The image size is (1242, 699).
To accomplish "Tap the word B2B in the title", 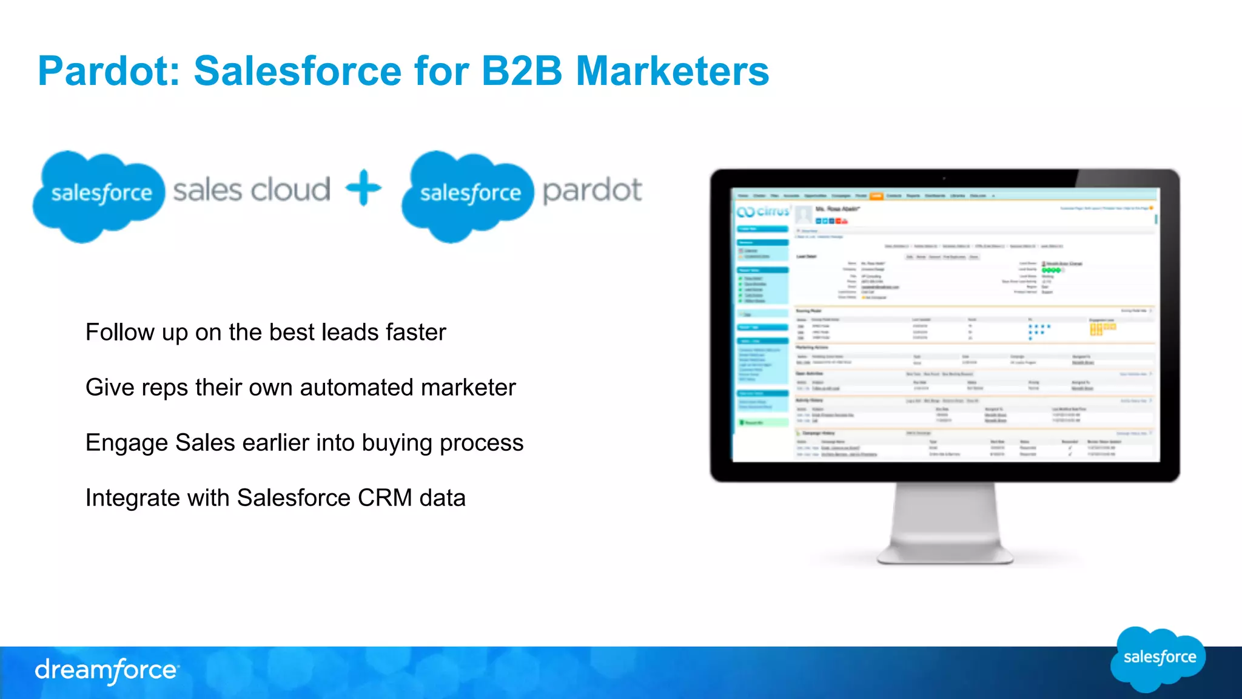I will tap(522, 72).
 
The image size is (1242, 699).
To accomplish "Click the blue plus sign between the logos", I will tap(363, 188).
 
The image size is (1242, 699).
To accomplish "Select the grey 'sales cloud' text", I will tap(252, 191).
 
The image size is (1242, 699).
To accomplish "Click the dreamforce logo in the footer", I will tap(107, 670).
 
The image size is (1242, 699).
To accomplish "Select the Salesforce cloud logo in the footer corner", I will tap(1158, 658).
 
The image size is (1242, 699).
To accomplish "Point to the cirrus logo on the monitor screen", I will tap(764, 211).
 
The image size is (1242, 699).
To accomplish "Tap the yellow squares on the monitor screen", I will tap(1102, 329).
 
